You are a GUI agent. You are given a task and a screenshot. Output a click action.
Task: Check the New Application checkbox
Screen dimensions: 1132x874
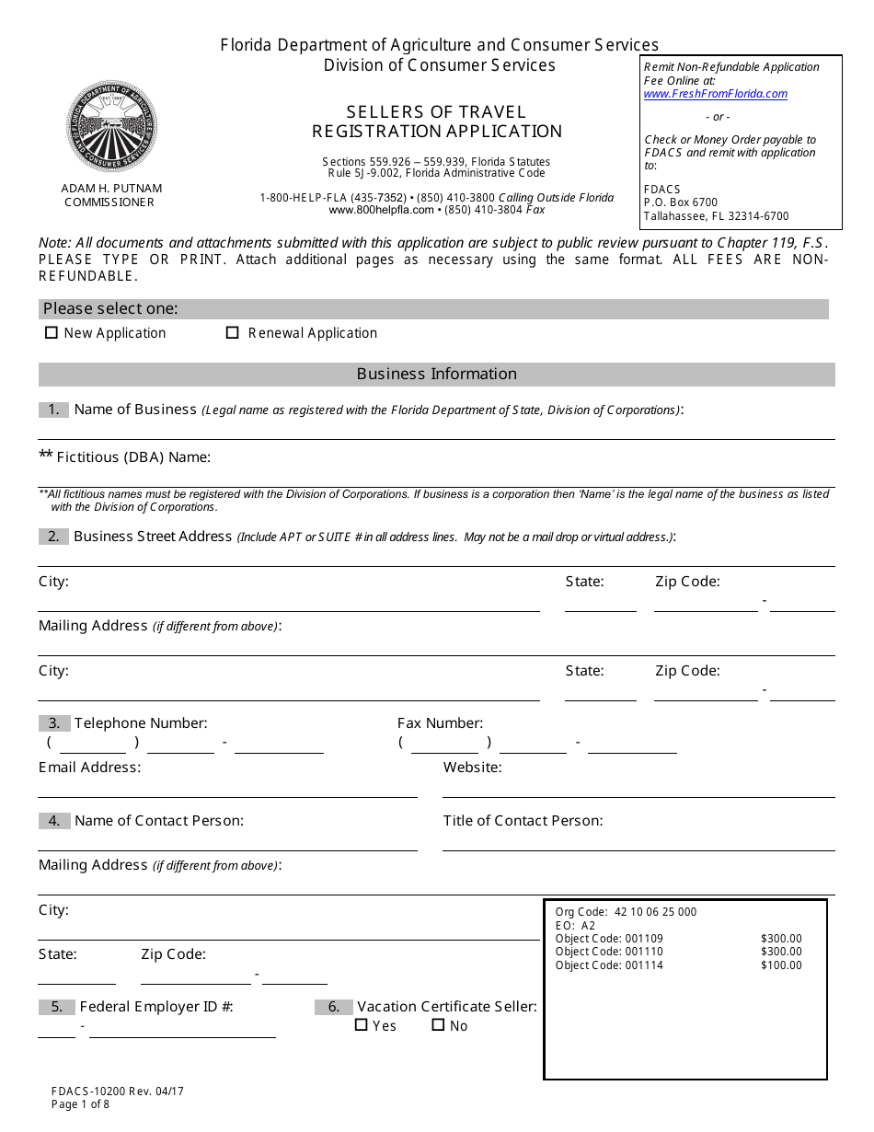click(52, 333)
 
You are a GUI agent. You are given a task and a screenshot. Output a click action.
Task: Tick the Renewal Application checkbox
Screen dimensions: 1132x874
click(233, 333)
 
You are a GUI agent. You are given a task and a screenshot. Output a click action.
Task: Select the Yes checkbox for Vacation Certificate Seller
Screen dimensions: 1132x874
click(362, 1025)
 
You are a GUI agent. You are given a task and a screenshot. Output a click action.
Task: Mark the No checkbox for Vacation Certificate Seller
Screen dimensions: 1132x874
click(439, 1025)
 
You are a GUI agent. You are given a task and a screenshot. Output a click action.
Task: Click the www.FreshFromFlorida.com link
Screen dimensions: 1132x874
click(716, 94)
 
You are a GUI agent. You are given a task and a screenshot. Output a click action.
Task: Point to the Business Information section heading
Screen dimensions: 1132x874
click(437, 374)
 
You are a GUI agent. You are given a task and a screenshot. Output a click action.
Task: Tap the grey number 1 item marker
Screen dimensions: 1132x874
click(54, 410)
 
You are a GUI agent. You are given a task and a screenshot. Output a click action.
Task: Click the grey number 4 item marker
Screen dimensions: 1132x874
click(54, 821)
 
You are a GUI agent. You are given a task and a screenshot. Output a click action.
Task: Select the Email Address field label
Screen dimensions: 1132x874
click(90, 768)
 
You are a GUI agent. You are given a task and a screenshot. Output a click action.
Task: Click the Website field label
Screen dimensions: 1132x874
click(473, 768)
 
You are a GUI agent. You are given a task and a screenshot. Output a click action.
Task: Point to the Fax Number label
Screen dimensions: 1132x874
click(440, 723)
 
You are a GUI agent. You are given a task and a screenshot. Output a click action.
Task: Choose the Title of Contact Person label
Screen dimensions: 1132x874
click(523, 821)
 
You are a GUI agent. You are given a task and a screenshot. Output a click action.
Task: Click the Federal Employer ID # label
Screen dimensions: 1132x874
click(156, 1007)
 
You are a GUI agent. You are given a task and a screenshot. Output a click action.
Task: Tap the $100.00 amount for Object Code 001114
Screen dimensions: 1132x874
click(781, 965)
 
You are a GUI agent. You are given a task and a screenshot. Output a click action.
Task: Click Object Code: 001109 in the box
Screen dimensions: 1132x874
click(609, 939)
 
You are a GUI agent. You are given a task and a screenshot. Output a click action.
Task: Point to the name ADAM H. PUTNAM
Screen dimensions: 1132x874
click(111, 189)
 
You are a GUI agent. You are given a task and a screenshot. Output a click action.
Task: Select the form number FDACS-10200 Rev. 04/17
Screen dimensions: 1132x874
click(118, 1092)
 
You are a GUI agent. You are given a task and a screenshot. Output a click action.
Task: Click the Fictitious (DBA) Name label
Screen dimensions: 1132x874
click(133, 457)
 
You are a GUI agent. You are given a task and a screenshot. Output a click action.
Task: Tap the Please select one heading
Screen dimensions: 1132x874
click(110, 309)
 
